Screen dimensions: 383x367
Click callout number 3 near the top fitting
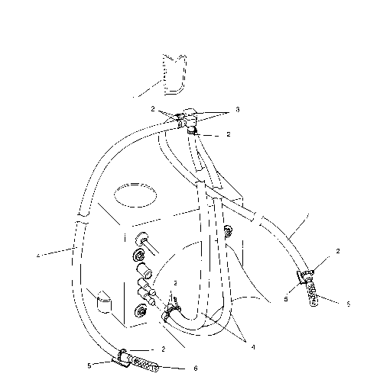coord(237,110)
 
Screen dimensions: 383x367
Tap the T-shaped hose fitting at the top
coord(187,120)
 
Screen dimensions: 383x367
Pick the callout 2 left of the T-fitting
coord(153,108)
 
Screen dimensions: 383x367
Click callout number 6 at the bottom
coord(195,368)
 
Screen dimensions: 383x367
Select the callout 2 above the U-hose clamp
coord(174,283)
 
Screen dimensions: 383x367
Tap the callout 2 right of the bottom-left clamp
coord(163,348)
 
